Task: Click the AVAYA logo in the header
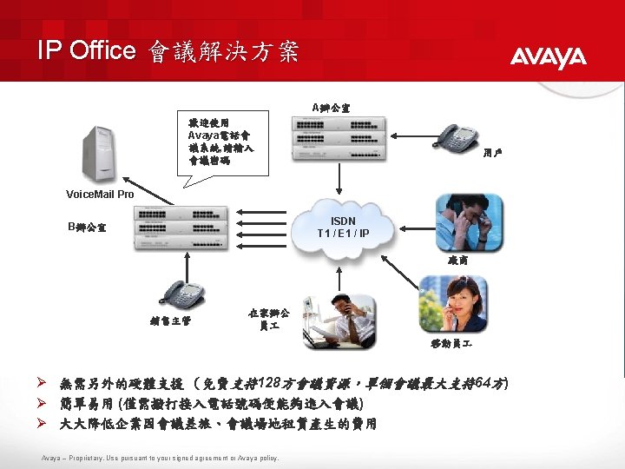(x=548, y=57)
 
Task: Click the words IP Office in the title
(x=86, y=50)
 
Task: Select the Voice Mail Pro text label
(x=101, y=194)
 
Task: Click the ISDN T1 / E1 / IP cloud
(x=337, y=228)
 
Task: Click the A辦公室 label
(x=331, y=107)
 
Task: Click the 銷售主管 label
(x=171, y=321)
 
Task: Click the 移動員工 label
(x=451, y=344)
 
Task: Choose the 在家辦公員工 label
(x=269, y=318)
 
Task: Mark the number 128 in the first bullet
(x=271, y=383)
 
